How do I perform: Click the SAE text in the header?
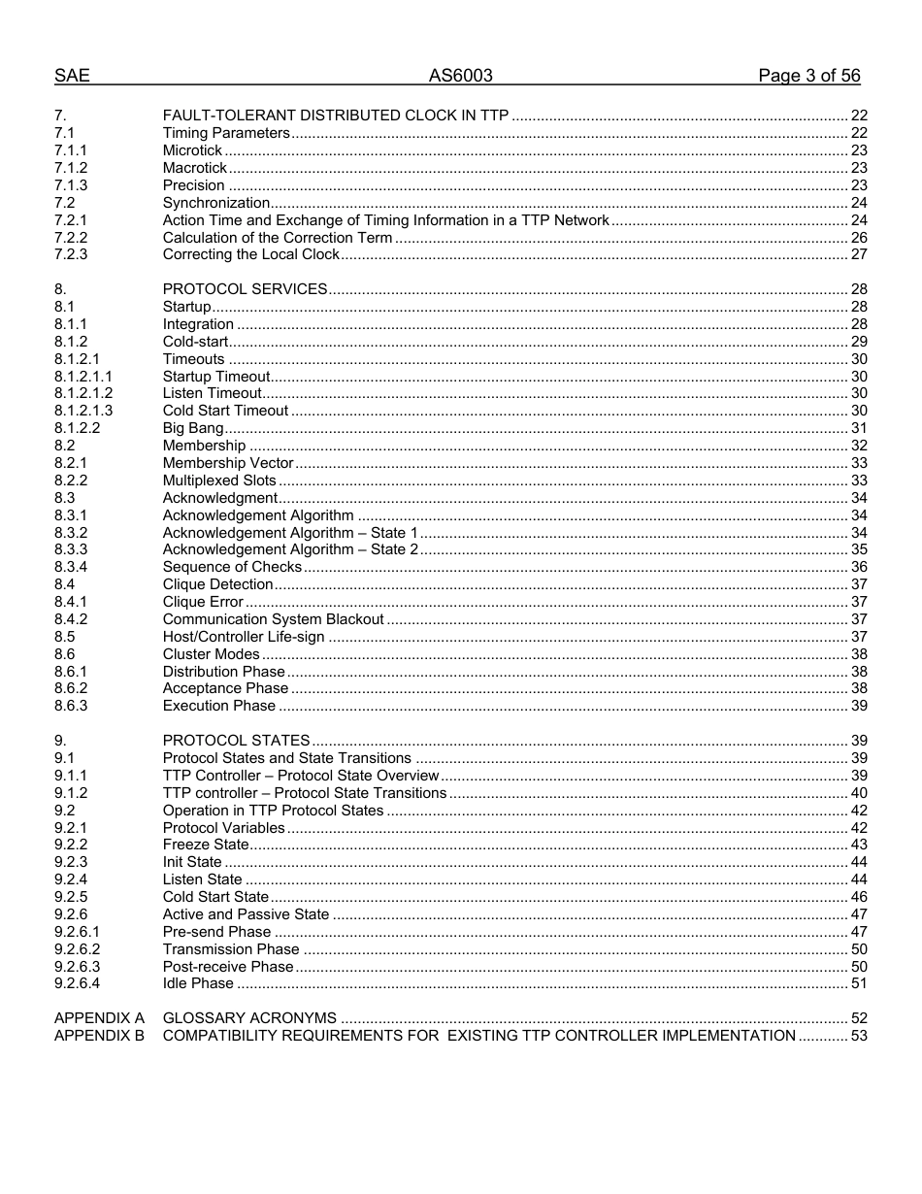pyautogui.click(x=72, y=76)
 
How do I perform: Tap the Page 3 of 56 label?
pyautogui.click(x=808, y=76)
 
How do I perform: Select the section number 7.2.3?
pyautogui.click(x=71, y=254)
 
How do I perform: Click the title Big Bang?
pyautogui.click(x=193, y=428)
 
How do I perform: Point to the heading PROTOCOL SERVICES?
pyautogui.click(x=245, y=289)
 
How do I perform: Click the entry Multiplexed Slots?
pyautogui.click(x=219, y=481)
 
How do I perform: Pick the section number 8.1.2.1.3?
pyautogui.click(x=83, y=411)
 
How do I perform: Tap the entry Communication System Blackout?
pyautogui.click(x=274, y=619)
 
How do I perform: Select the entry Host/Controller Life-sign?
pyautogui.click(x=244, y=637)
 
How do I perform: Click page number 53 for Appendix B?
pyautogui.click(x=858, y=1036)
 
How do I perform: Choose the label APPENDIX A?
pyautogui.click(x=99, y=1018)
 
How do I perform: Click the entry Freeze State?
pyautogui.click(x=206, y=845)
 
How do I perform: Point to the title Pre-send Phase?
pyautogui.click(x=216, y=932)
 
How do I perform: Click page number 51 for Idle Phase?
pyautogui.click(x=858, y=983)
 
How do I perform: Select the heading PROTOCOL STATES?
pyautogui.click(x=236, y=741)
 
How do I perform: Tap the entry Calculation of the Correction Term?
pyautogui.click(x=278, y=238)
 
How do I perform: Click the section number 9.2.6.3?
pyautogui.click(x=78, y=967)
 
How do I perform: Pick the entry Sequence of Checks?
pyautogui.click(x=232, y=567)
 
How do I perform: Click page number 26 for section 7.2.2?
pyautogui.click(x=858, y=238)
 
